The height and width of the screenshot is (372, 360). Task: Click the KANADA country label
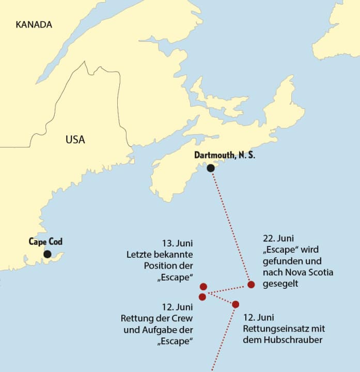pos(34,24)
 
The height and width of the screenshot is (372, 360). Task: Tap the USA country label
pos(75,139)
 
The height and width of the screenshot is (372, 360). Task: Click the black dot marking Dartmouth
pos(210,168)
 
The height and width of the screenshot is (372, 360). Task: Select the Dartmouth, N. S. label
pos(225,155)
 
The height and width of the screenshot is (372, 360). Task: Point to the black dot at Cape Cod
pos(48,254)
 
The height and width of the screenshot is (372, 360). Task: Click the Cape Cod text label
pos(45,241)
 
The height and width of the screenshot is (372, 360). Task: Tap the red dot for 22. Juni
pos(251,284)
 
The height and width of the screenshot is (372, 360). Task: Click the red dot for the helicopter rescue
pos(236,304)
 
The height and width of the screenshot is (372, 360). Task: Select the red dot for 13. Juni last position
pos(204,286)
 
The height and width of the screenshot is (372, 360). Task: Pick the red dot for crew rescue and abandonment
pos(202,297)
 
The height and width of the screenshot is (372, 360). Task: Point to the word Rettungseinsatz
pos(269,329)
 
